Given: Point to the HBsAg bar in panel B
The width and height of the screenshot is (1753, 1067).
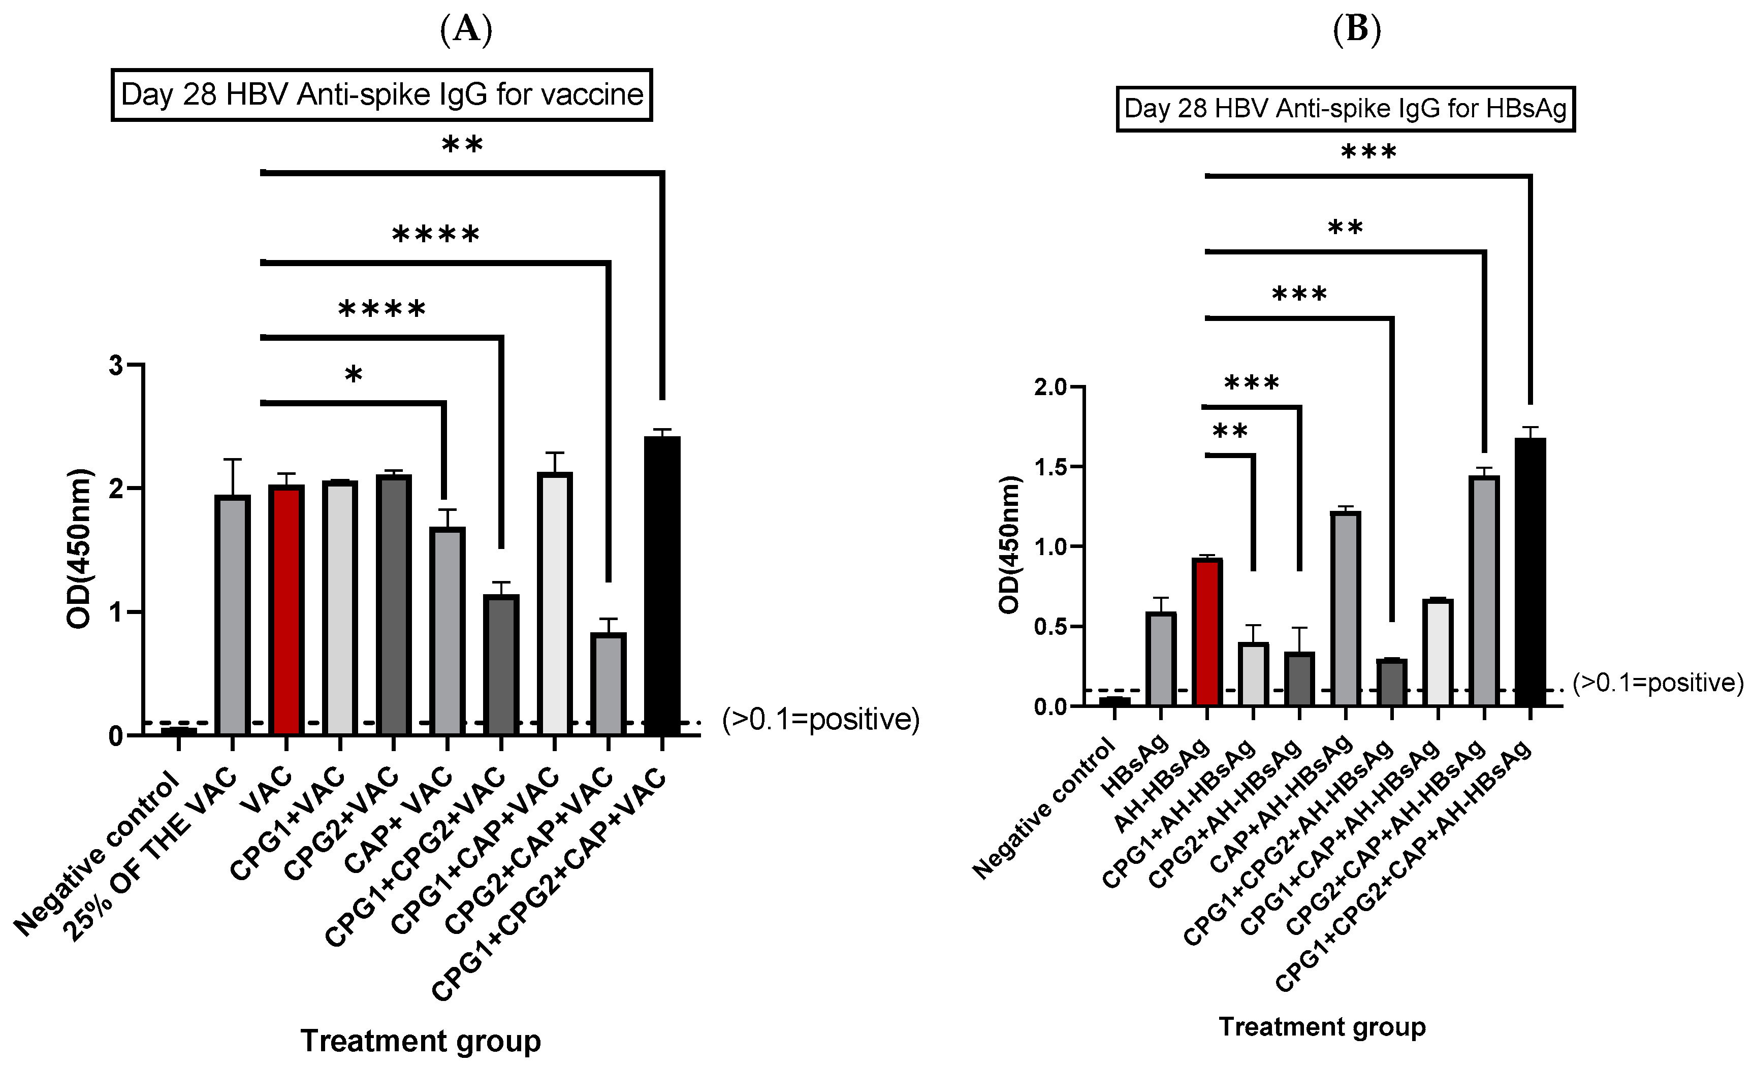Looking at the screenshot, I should pyautogui.click(x=1160, y=658).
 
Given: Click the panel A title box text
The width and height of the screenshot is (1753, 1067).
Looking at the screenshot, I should pyautogui.click(x=382, y=94).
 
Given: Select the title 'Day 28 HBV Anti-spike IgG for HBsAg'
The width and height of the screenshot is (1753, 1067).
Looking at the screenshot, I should pyautogui.click(x=1345, y=109).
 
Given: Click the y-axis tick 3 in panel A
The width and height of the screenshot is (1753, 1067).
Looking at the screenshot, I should pyautogui.click(x=116, y=365).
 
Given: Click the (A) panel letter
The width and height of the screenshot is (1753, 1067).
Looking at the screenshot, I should pyautogui.click(x=466, y=30).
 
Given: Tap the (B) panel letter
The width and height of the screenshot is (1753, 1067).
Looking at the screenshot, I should pyautogui.click(x=1357, y=30).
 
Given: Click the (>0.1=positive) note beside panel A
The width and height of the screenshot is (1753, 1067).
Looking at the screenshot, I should pyautogui.click(x=820, y=720).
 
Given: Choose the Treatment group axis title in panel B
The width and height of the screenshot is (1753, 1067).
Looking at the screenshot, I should pyautogui.click(x=1322, y=1026).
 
